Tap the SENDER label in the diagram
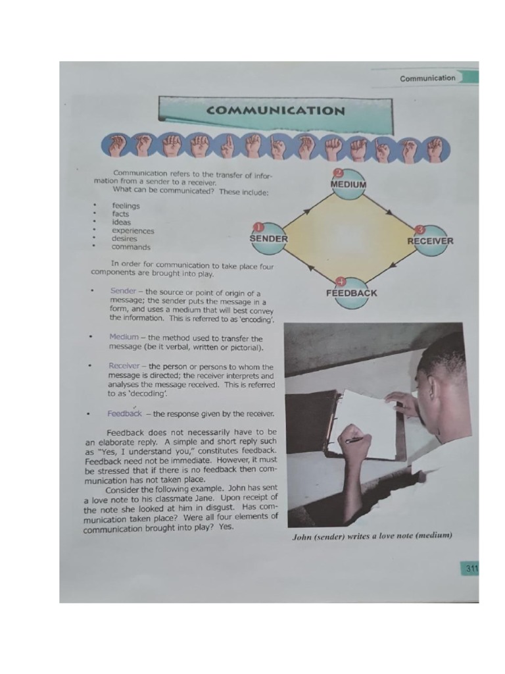(x=269, y=238)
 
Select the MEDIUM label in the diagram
(x=349, y=184)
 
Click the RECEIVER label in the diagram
(x=430, y=241)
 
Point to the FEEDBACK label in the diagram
(x=351, y=293)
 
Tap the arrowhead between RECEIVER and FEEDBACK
(x=392, y=267)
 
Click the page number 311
(x=471, y=569)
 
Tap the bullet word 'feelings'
(x=126, y=206)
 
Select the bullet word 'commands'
(x=131, y=247)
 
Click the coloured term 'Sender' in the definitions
(x=123, y=291)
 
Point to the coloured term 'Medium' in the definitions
(x=124, y=337)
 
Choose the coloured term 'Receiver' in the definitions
(x=124, y=366)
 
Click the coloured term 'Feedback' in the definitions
(x=124, y=414)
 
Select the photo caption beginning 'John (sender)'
(x=372, y=536)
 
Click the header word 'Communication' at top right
(x=427, y=78)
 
